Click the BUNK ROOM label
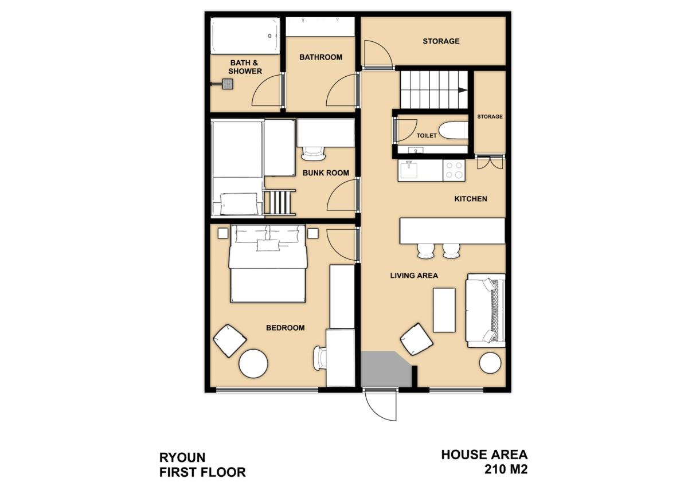pyautogui.click(x=326, y=173)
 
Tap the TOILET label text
pyautogui.click(x=427, y=135)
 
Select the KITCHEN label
pyautogui.click(x=471, y=199)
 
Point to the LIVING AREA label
pyautogui.click(x=414, y=276)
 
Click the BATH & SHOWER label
pyautogui.click(x=245, y=67)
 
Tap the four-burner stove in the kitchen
pyautogui.click(x=454, y=170)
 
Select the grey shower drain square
pyautogui.click(x=228, y=84)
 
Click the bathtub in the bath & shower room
pyautogui.click(x=245, y=36)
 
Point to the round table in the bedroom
pyautogui.click(x=253, y=363)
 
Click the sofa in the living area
pyautogui.click(x=485, y=311)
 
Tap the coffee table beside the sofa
pyautogui.click(x=444, y=310)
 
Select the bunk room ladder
pyautogui.click(x=279, y=202)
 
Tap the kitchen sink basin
pyautogui.click(x=408, y=170)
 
